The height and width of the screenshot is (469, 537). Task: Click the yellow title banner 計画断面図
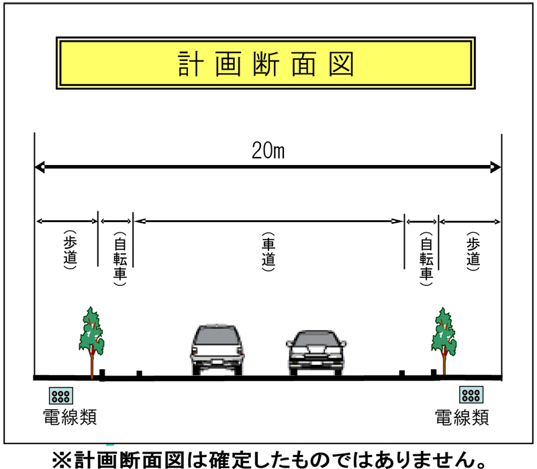pyautogui.click(x=266, y=63)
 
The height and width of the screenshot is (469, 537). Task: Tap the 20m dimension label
pyautogui.click(x=268, y=150)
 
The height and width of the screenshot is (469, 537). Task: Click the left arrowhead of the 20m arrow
pyautogui.click(x=40, y=167)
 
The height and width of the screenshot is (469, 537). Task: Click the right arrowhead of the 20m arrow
pyautogui.click(x=495, y=167)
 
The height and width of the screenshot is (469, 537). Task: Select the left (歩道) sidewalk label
pyautogui.click(x=70, y=250)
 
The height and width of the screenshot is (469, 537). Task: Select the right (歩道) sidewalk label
pyautogui.click(x=473, y=252)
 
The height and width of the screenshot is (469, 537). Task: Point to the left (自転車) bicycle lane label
pyautogui.click(x=120, y=259)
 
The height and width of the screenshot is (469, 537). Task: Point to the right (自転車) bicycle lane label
pyautogui.click(x=426, y=259)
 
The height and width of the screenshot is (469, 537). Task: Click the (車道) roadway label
pyautogui.click(x=268, y=252)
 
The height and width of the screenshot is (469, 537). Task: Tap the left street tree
pyautogui.click(x=91, y=342)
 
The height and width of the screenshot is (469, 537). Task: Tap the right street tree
pyautogui.click(x=444, y=342)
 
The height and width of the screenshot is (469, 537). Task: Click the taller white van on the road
pyautogui.click(x=217, y=349)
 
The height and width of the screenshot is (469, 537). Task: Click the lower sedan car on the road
pyautogui.click(x=316, y=353)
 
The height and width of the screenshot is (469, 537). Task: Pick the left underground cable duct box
pyautogui.click(x=61, y=396)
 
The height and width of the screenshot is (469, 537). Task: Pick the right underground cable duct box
pyautogui.click(x=471, y=395)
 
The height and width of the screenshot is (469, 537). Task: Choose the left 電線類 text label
pyautogui.click(x=70, y=417)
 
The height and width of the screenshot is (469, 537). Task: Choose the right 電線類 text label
pyautogui.click(x=462, y=417)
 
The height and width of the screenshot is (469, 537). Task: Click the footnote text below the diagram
pyautogui.click(x=270, y=460)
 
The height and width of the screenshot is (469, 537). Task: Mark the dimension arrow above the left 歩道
pyautogui.click(x=67, y=221)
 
